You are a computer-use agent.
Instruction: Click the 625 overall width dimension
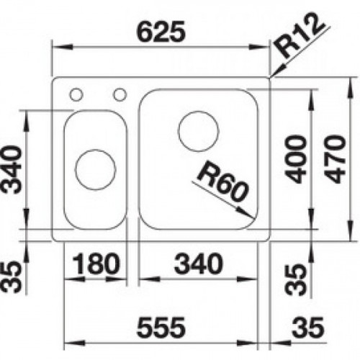tap(163, 32)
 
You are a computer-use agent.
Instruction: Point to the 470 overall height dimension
tap(338, 156)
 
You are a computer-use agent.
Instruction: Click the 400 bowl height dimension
tap(297, 156)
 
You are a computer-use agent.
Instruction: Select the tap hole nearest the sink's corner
tap(76, 93)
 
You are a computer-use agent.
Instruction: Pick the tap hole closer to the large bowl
tap(120, 93)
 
